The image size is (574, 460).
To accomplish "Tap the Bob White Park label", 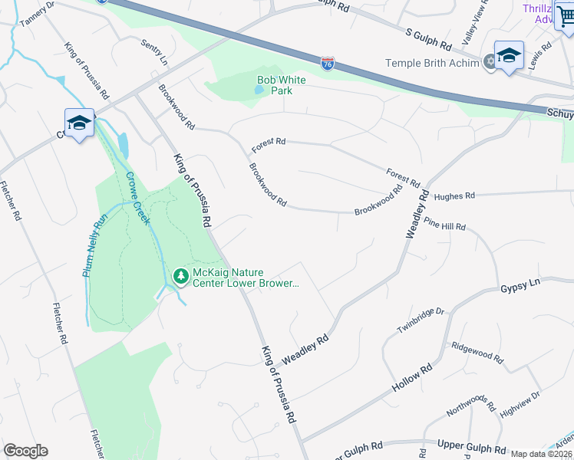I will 282,85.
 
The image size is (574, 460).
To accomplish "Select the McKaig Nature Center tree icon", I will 180,275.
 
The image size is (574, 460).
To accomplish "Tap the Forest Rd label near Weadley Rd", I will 403,178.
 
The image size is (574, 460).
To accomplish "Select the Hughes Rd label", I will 454,196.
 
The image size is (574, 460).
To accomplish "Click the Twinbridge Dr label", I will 421,322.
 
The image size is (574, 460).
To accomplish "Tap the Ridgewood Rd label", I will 477,353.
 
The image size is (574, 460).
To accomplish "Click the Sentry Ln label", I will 153,51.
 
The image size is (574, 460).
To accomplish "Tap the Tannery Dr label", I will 38,13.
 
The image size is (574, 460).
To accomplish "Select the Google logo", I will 25,451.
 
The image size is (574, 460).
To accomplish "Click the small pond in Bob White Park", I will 259,90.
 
